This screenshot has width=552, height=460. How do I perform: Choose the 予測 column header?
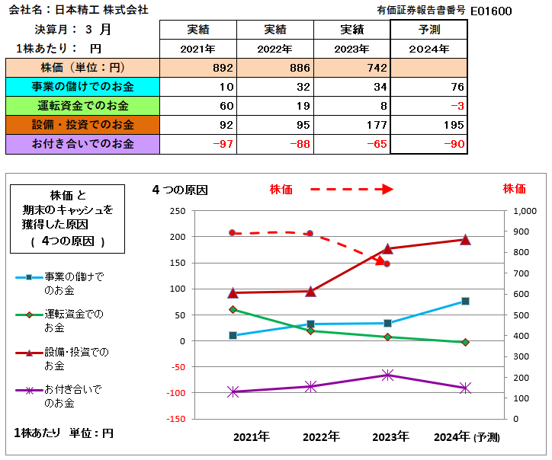click(428, 30)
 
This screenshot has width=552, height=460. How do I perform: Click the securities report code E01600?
click(491, 11)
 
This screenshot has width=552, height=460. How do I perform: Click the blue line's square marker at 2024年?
click(465, 301)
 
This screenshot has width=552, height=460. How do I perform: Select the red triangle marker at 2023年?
click(387, 248)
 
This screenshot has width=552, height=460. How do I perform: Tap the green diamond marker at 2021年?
click(233, 309)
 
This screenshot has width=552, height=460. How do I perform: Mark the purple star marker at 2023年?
click(387, 375)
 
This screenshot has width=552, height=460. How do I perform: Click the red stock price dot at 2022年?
click(310, 233)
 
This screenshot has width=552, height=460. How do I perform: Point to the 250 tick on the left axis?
click(177, 211)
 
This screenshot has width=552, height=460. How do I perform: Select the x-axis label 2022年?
click(321, 437)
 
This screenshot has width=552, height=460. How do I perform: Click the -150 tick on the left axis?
click(175, 419)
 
